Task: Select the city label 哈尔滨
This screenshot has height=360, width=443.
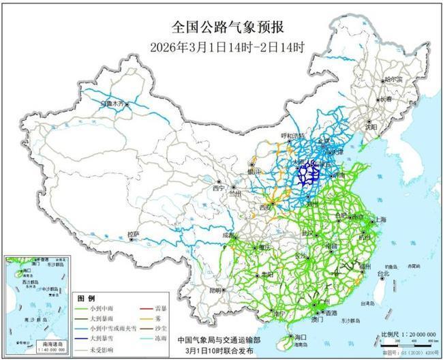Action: [x=393, y=80]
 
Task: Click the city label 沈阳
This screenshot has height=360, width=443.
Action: [x=389, y=127]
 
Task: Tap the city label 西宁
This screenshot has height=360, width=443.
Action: [x=217, y=187]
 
